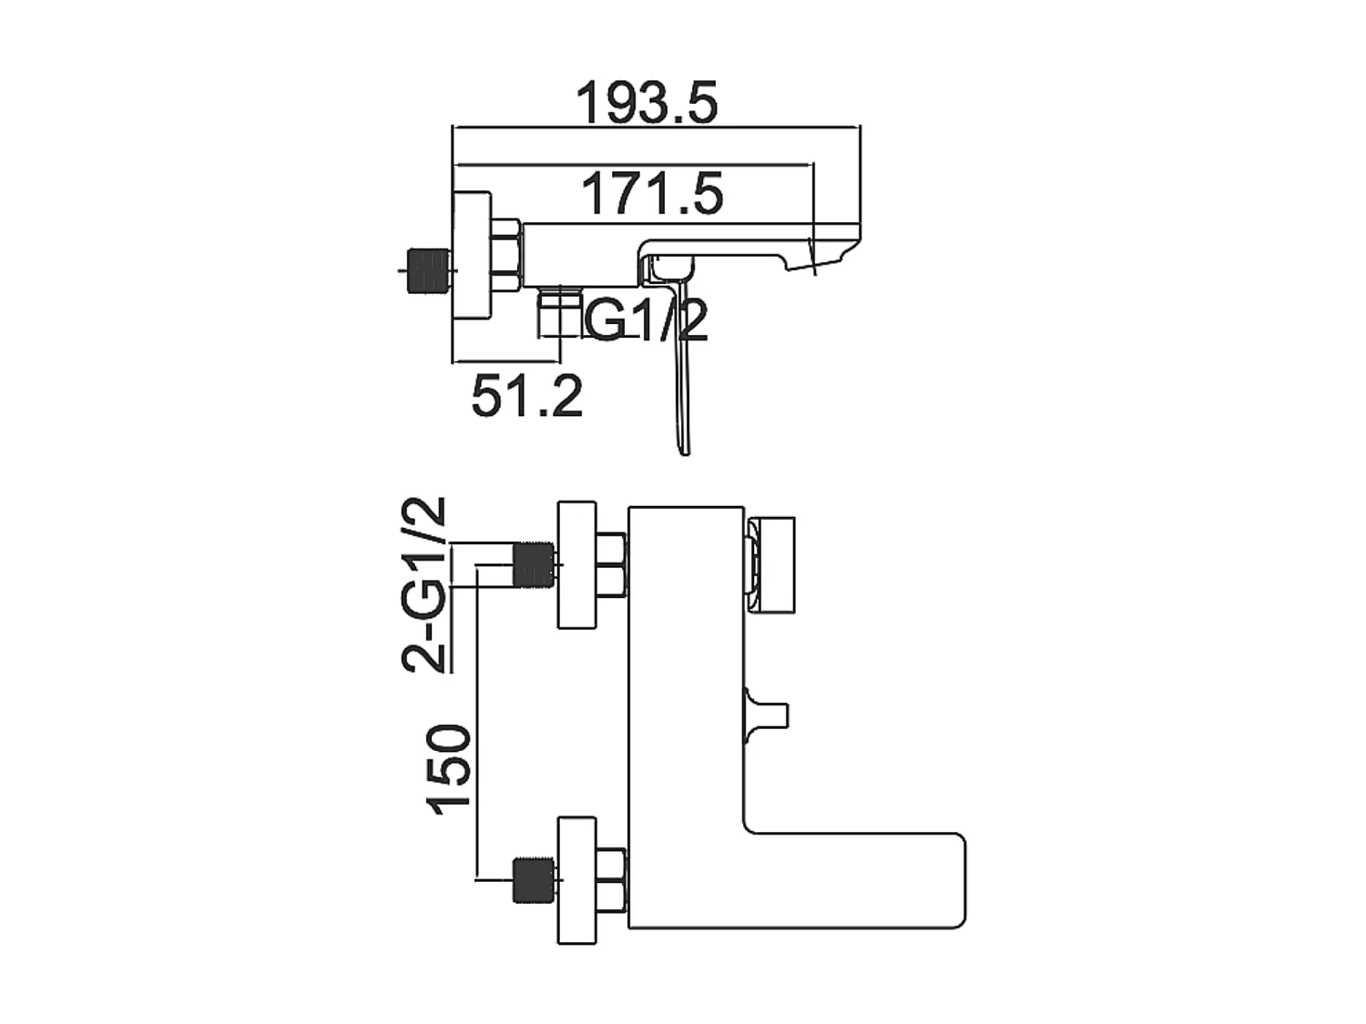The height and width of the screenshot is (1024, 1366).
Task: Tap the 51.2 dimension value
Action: point(526,396)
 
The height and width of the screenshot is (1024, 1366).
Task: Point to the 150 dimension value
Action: point(450,767)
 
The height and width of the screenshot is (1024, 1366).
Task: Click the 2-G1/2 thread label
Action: point(425,584)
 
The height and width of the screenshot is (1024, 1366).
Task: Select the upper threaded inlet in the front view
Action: point(535,564)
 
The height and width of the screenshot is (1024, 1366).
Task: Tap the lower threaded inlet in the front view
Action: point(535,880)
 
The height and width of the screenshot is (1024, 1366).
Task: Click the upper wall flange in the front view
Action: point(577,564)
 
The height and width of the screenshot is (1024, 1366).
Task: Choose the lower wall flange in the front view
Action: point(577,880)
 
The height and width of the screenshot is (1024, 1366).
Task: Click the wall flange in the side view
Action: point(473,256)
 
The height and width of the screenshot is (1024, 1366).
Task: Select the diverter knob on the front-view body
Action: point(767,709)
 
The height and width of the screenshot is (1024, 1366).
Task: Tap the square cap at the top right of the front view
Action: point(772,565)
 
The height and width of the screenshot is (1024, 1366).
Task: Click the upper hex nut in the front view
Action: point(610,565)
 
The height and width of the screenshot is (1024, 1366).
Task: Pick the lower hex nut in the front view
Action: point(610,880)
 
